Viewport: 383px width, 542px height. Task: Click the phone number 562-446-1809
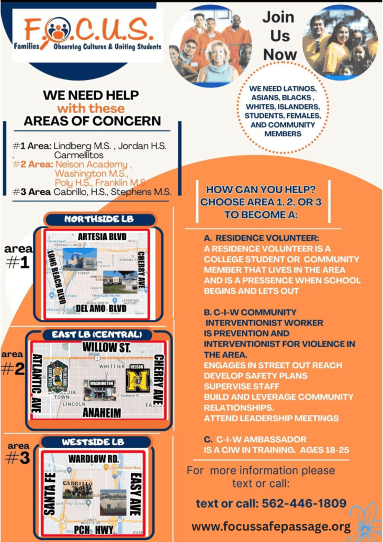(x=271, y=503)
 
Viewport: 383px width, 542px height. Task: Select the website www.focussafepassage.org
(x=271, y=527)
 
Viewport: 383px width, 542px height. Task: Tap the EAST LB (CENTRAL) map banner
(x=97, y=335)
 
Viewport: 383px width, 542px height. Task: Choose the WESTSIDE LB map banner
(x=93, y=441)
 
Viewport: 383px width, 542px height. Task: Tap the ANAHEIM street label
(x=102, y=412)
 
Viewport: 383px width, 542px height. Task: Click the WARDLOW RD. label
(x=94, y=458)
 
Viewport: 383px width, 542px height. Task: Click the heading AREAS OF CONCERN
(x=92, y=121)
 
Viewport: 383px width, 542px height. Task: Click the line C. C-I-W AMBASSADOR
(x=261, y=439)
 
